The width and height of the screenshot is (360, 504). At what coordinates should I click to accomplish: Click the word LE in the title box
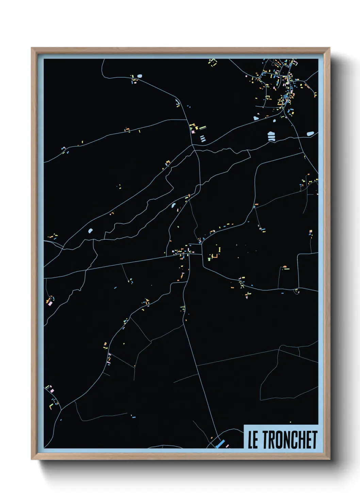(252, 440)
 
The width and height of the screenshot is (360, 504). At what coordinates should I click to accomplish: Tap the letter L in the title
(250, 440)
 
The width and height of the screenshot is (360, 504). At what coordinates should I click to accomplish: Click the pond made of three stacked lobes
(271, 136)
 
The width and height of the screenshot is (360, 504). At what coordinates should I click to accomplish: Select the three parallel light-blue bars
(202, 138)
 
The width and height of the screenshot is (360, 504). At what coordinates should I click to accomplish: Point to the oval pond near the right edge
(310, 134)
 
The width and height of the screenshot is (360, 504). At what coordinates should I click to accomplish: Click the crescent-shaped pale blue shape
(177, 102)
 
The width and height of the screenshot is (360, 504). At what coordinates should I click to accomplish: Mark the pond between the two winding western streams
(90, 231)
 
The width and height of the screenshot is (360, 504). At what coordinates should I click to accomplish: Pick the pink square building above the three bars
(192, 132)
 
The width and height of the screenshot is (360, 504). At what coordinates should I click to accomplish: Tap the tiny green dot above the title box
(290, 422)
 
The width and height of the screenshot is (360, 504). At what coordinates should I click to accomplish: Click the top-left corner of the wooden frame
(32, 48)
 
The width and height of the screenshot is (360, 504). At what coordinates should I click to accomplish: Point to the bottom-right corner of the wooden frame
(329, 459)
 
